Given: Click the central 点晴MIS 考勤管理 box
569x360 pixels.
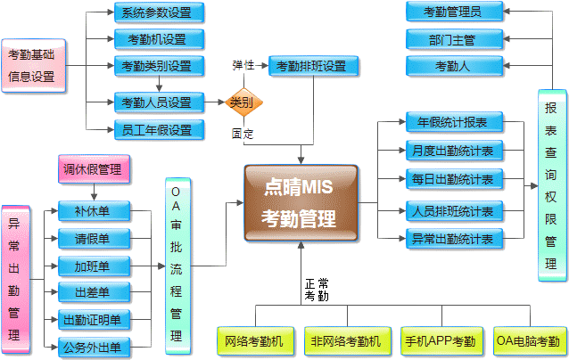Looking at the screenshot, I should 301,202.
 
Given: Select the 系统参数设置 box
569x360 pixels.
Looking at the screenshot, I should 157,12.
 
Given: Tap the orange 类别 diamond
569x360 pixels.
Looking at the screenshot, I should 241,102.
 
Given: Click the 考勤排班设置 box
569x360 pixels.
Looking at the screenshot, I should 313,66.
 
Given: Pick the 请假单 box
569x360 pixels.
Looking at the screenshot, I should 92,239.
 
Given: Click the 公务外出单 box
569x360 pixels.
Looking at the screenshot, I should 92,347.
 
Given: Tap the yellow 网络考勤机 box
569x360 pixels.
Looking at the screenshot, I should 254,340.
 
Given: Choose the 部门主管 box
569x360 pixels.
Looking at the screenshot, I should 452,39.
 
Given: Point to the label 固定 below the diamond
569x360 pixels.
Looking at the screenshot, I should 243,135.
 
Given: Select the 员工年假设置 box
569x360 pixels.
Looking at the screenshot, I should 157,130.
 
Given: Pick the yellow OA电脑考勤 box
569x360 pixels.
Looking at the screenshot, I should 528,340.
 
